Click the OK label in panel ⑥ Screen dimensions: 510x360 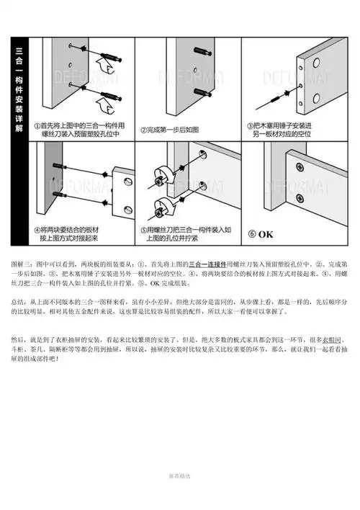click(264, 234)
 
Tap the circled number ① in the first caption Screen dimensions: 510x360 click(35, 125)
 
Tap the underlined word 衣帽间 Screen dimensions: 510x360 click(332, 338)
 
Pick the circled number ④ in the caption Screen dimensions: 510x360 click(35, 230)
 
